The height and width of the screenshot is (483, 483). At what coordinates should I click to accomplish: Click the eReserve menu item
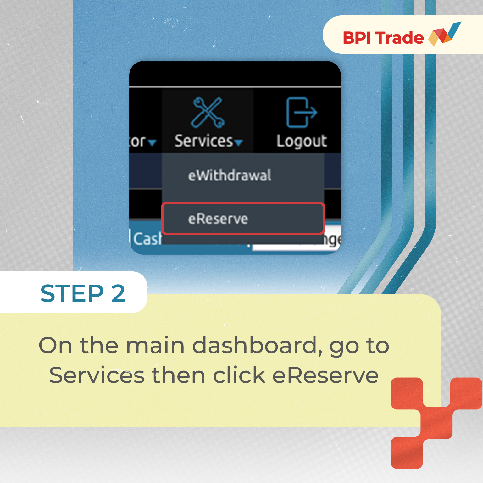[x=218, y=219]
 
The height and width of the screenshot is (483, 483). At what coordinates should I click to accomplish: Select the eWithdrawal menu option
[x=230, y=175]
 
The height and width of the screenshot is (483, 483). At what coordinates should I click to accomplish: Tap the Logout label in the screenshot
[x=302, y=141]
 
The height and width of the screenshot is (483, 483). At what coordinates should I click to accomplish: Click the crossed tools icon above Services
[x=208, y=112]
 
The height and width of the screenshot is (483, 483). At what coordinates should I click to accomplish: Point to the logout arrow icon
[x=301, y=112]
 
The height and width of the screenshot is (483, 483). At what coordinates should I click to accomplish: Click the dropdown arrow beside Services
[x=239, y=143]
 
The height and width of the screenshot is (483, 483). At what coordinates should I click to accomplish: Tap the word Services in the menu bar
[x=204, y=141]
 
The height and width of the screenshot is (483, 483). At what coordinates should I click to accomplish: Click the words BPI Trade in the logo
[x=383, y=38]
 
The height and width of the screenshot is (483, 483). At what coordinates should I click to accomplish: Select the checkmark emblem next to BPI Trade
[x=445, y=34]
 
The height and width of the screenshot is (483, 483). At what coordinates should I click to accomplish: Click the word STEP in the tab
[x=72, y=293]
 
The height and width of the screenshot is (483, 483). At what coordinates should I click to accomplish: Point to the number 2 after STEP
[x=119, y=293]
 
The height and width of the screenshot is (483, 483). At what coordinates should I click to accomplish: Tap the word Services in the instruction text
[x=97, y=375]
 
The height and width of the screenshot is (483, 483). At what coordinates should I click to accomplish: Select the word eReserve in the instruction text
[x=325, y=375]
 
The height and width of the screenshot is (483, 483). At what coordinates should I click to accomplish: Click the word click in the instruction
[x=239, y=375]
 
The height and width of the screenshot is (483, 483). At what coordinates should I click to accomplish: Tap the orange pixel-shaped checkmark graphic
[x=436, y=421]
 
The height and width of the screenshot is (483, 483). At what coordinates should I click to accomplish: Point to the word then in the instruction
[x=178, y=375]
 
